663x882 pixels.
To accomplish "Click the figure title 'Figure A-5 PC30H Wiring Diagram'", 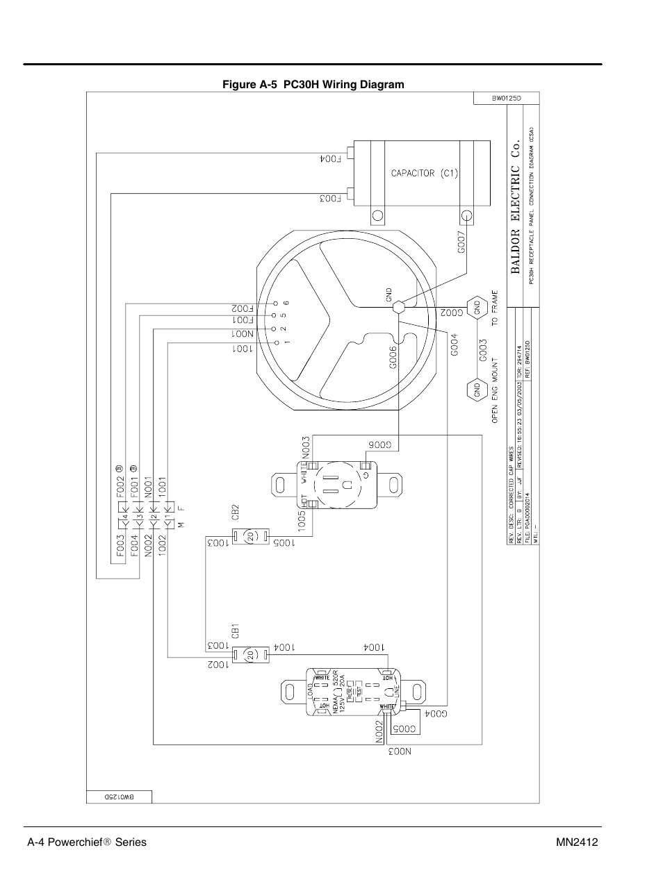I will tap(313, 85).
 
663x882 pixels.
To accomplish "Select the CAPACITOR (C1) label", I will tap(423, 173).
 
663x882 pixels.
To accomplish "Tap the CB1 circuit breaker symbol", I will tap(249, 654).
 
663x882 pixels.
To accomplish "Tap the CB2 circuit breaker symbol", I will tap(249, 535).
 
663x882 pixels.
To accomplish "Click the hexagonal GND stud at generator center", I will tap(398, 306).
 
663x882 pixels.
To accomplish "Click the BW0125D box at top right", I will tap(507, 99).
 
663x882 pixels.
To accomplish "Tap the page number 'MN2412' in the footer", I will tap(577, 842).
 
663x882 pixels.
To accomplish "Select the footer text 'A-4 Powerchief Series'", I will tap(87, 842).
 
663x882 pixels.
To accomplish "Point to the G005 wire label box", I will tap(405, 729).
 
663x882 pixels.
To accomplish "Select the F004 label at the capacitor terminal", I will tap(331, 158).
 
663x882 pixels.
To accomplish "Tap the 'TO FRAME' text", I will tap(495, 308).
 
